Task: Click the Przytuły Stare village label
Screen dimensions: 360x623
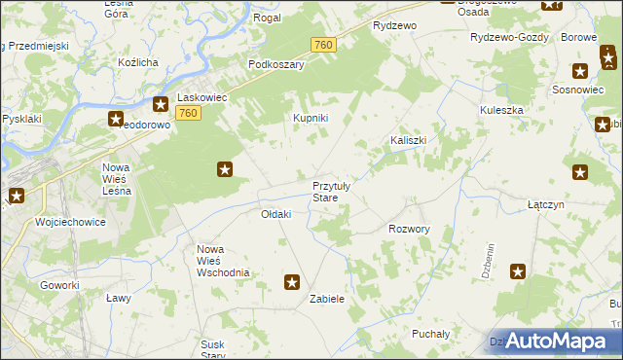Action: (x=338, y=192)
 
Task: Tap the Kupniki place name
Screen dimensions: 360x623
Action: (x=311, y=119)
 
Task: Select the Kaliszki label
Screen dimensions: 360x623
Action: (x=409, y=140)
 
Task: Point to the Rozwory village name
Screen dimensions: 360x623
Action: (x=409, y=229)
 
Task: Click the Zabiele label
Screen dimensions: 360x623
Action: (x=327, y=299)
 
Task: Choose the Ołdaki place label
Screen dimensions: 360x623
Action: (x=276, y=214)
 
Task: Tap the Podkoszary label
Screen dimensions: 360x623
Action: (x=276, y=64)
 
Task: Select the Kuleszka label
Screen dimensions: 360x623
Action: (x=501, y=110)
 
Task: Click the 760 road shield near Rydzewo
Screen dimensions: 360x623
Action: (x=324, y=46)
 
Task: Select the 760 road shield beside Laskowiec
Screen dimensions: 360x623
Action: (x=190, y=115)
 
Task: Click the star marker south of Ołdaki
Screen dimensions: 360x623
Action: (x=291, y=282)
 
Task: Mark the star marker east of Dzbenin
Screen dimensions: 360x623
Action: (x=518, y=271)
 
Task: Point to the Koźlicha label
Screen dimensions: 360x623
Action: (x=137, y=62)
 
